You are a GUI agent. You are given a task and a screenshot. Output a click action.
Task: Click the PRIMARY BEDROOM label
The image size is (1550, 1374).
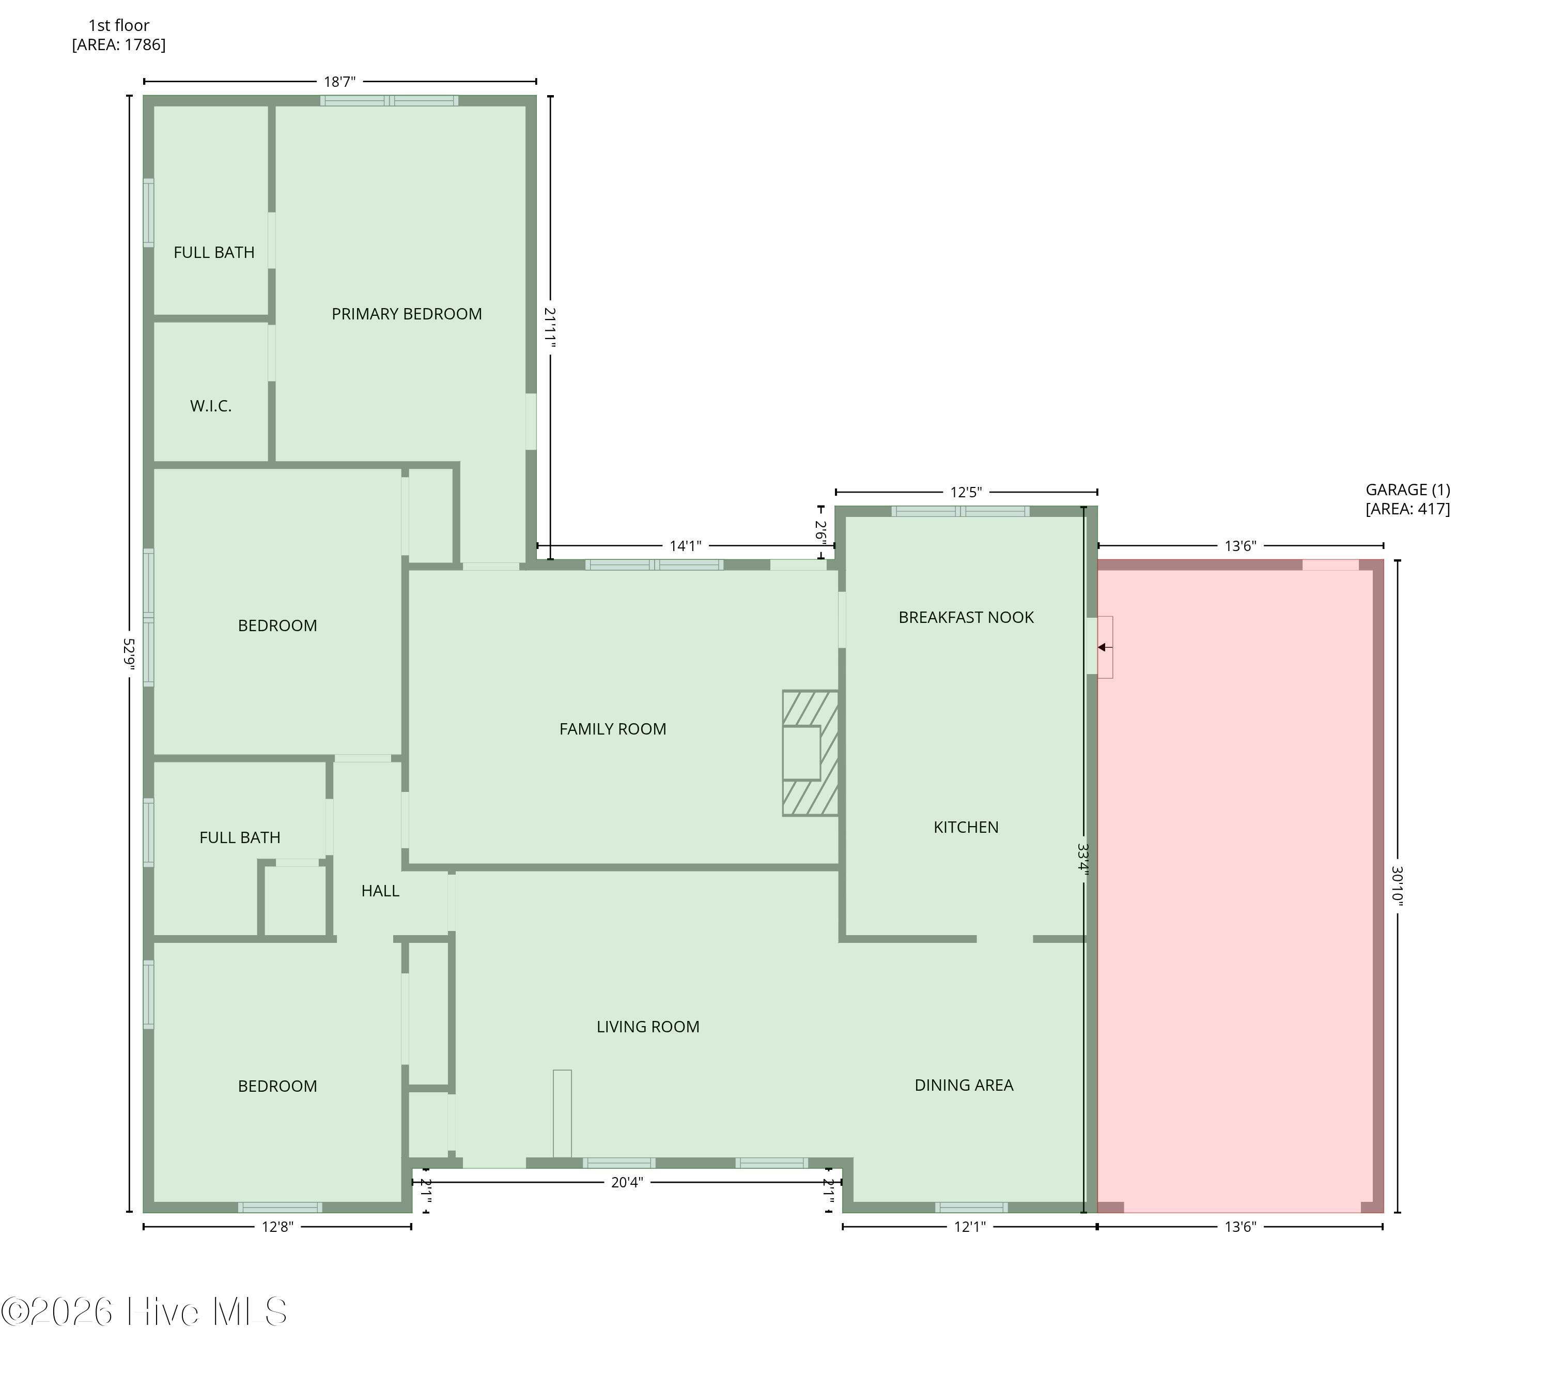click(x=407, y=314)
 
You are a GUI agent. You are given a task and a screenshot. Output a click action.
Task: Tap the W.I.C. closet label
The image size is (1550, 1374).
click(x=211, y=406)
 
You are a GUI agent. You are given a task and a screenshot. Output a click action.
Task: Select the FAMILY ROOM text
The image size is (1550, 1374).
click(x=613, y=729)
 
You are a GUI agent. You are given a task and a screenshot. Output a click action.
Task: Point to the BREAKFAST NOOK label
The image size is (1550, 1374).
click(x=966, y=618)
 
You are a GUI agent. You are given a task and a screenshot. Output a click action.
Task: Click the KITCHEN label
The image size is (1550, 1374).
click(x=966, y=827)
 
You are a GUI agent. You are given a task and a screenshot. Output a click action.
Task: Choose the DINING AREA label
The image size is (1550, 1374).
click(x=964, y=1085)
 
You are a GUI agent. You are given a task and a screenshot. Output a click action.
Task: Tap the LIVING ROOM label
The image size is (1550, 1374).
click(x=647, y=1027)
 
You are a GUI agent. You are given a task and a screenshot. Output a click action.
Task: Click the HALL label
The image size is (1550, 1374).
click(x=380, y=891)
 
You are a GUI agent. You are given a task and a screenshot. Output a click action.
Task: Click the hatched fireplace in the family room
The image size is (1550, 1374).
click(x=810, y=753)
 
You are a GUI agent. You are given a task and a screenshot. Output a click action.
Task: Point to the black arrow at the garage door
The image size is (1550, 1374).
click(x=1105, y=647)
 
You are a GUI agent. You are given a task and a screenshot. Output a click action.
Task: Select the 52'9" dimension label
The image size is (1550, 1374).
click(x=130, y=653)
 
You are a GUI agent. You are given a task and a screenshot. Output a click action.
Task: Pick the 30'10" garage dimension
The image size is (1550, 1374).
click(x=1398, y=886)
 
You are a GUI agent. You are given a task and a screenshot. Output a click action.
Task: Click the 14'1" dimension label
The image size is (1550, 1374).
click(x=686, y=545)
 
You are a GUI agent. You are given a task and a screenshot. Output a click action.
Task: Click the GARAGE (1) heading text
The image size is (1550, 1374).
click(x=1408, y=490)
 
